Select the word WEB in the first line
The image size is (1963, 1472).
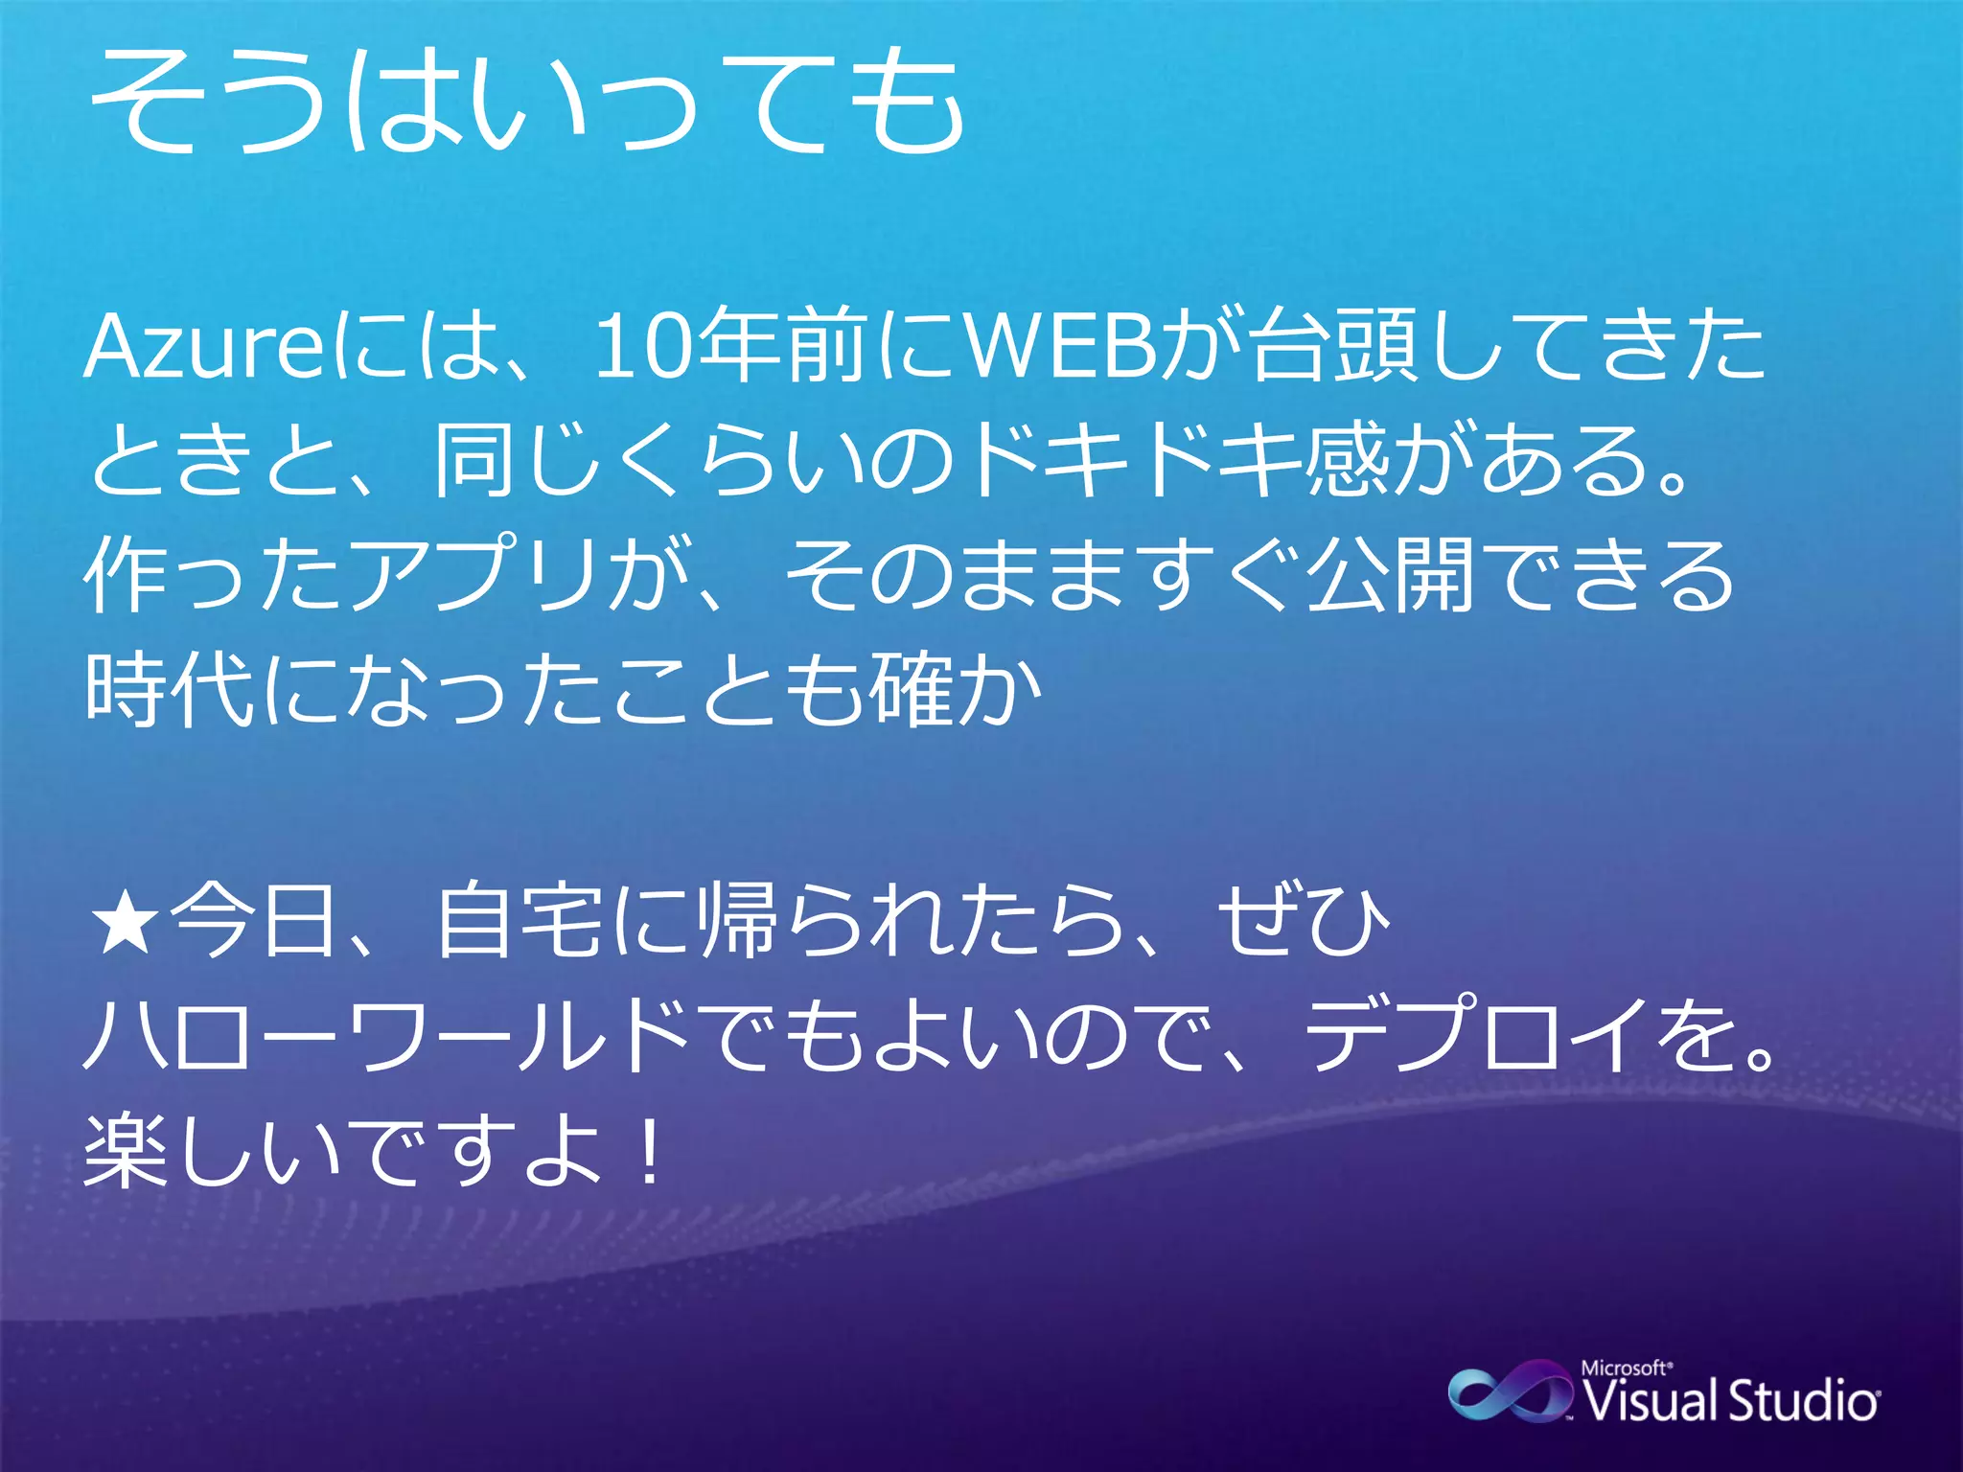[x=1060, y=347]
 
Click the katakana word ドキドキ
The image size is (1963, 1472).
[x=1137, y=461]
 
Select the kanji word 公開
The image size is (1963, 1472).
[x=1390, y=575]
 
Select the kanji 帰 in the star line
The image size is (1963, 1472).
[x=737, y=922]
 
